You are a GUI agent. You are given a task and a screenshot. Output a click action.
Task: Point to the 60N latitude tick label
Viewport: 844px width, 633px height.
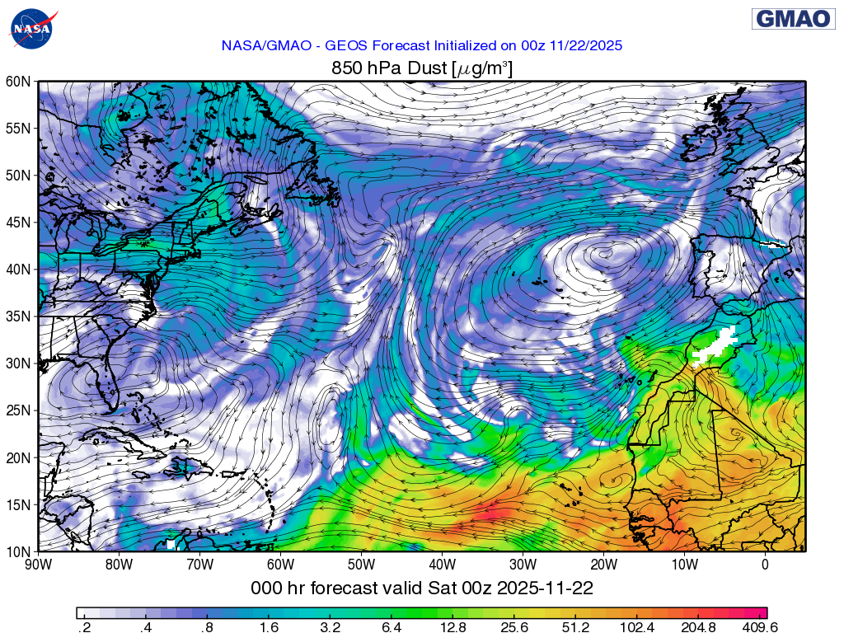[17, 82]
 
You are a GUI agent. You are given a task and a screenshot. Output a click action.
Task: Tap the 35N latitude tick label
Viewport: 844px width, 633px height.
[17, 316]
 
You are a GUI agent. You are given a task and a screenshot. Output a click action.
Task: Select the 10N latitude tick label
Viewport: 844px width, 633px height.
[17, 551]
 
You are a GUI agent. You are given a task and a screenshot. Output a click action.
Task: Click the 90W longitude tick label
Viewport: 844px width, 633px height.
[39, 565]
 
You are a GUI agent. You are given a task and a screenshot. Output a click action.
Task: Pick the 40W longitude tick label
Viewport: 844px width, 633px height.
[443, 565]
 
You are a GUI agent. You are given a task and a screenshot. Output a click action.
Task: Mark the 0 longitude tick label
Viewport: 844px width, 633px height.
[765, 565]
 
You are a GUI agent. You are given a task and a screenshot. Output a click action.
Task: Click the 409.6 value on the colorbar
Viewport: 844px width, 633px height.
[759, 627]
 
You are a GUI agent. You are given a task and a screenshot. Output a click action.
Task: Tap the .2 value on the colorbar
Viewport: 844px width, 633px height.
[84, 627]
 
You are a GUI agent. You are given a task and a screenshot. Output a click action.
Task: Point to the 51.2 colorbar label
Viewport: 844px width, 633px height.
[576, 627]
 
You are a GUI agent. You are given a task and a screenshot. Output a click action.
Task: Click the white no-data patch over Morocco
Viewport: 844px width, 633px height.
[715, 345]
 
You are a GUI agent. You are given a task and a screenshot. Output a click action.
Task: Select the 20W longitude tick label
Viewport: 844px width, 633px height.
[604, 565]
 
